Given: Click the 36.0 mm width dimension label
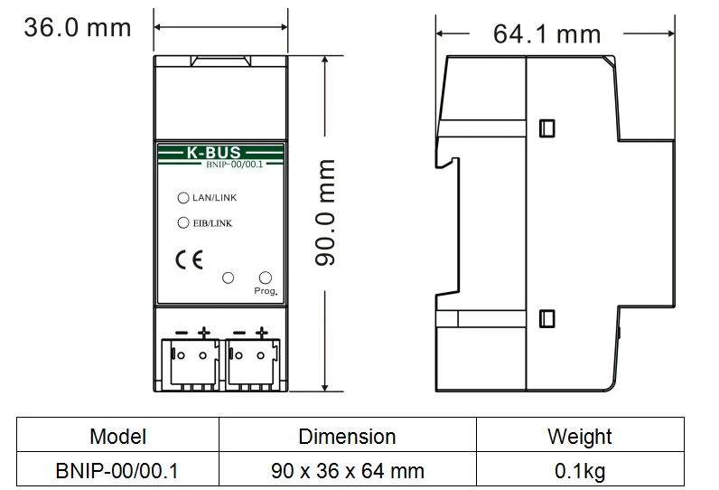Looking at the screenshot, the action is click(x=78, y=27).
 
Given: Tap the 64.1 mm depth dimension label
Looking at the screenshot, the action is click(x=546, y=34).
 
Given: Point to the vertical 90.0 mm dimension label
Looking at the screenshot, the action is click(x=324, y=212).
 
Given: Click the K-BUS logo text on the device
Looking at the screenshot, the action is click(x=214, y=152).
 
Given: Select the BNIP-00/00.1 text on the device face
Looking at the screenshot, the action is click(x=234, y=165).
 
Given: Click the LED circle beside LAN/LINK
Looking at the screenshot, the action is click(x=183, y=198).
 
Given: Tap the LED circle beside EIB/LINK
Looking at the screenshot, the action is click(x=183, y=222).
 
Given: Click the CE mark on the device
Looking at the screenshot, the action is click(x=189, y=260).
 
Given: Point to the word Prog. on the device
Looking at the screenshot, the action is click(x=266, y=291).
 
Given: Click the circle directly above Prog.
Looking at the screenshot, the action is click(x=265, y=278).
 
